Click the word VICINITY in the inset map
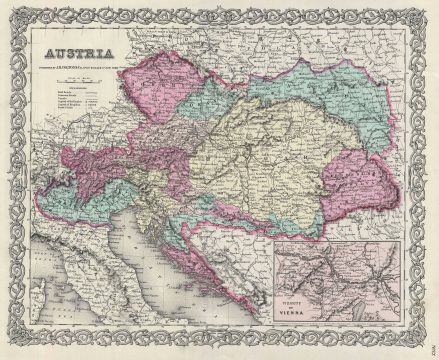298,306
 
